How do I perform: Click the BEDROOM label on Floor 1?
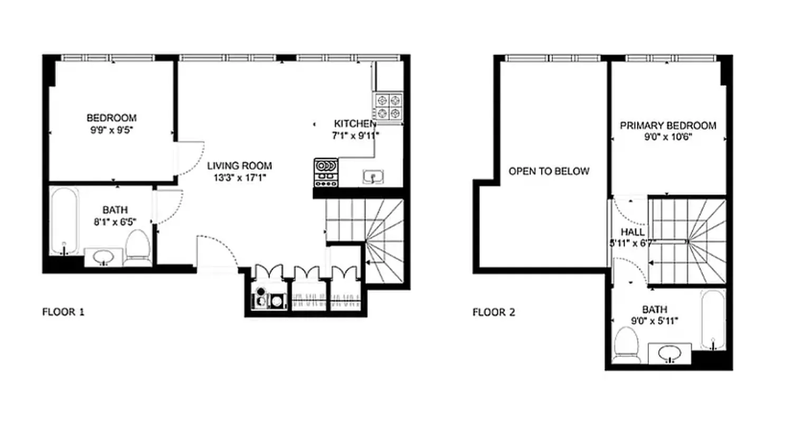pos(111,118)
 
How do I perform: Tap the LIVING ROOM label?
pos(235,165)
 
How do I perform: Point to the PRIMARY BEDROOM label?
pos(668,126)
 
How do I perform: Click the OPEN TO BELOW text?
pos(549,171)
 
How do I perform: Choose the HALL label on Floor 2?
pos(631,232)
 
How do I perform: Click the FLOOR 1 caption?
pos(63,312)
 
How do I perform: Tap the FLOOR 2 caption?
pos(494,312)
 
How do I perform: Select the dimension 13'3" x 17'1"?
pos(235,178)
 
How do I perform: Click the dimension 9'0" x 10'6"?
pos(668,137)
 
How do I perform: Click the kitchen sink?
pos(373,177)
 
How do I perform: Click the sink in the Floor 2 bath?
pos(670,353)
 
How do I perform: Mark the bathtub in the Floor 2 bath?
pos(713,319)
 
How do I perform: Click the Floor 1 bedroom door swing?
pos(190,158)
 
